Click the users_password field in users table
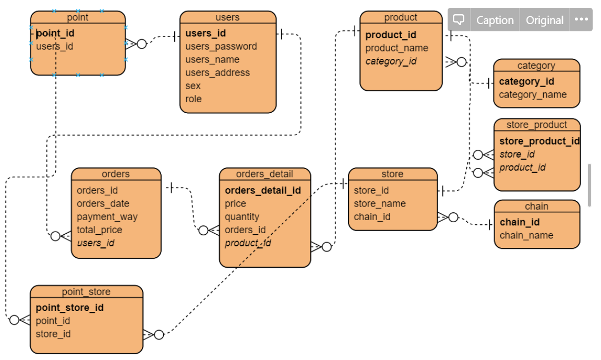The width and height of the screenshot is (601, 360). tap(221, 46)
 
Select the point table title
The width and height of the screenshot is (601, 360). tap(78, 17)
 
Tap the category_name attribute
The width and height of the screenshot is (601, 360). tap(532, 94)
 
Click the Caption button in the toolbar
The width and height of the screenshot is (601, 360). tap(495, 20)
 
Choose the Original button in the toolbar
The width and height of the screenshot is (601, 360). tap(544, 20)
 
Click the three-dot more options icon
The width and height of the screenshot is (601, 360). tap(581, 20)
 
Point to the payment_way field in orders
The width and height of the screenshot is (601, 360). tap(107, 217)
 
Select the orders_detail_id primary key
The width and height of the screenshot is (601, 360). tap(262, 190)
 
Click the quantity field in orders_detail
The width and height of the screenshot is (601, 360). tap(242, 217)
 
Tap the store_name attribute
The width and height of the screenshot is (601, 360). tap(379, 203)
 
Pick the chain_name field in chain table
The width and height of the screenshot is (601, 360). tap(526, 235)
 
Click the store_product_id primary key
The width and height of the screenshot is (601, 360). tap(539, 141)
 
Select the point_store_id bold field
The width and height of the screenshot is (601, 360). tap(69, 308)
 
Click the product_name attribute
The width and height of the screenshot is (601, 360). tap(396, 48)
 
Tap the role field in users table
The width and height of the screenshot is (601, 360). tap(193, 99)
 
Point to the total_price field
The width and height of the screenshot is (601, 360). tap(99, 230)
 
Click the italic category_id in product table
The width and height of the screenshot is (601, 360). tap(391, 61)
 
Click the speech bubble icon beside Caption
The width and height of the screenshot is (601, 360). tap(459, 20)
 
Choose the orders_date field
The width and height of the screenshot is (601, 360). tap(103, 203)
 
